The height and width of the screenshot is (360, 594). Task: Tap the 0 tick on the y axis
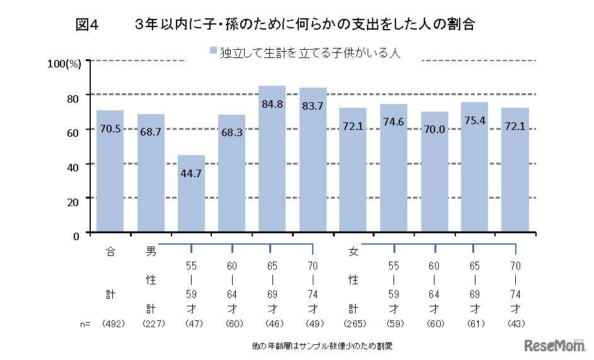click(x=76, y=236)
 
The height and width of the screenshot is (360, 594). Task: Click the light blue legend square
click(x=213, y=54)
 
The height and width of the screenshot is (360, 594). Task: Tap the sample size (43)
click(x=515, y=323)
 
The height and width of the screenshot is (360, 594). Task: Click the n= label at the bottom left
click(x=85, y=323)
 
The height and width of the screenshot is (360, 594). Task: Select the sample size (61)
click(x=475, y=323)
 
